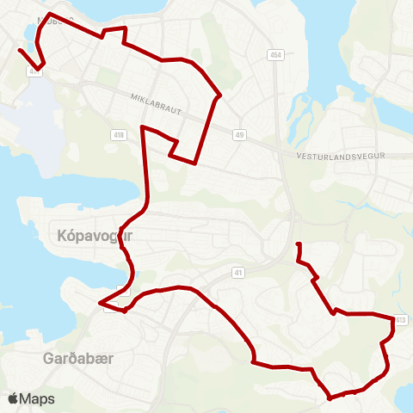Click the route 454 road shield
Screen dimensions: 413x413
(x=274, y=55)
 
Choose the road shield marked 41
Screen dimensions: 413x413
(x=238, y=272)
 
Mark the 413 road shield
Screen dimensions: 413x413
(x=400, y=321)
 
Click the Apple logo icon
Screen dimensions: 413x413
(x=13, y=399)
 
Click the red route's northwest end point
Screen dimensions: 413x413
(x=20, y=50)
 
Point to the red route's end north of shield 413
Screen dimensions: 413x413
(x=298, y=245)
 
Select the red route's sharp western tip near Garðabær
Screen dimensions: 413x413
(x=100, y=303)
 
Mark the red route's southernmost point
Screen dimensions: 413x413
(x=330, y=398)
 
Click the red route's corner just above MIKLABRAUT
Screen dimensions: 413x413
(x=221, y=95)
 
